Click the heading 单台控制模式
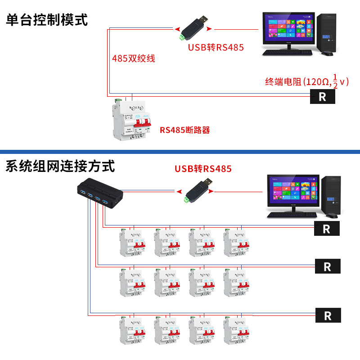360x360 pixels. click(47, 20)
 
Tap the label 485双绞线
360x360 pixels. click(134, 58)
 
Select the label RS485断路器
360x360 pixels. click(185, 130)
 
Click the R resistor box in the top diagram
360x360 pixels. click(322, 96)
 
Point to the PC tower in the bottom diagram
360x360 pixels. click(332, 194)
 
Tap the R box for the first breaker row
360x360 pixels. click(327, 229)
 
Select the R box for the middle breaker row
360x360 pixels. click(327, 266)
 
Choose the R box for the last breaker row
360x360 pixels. click(327, 315)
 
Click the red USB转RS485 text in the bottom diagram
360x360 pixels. click(203, 169)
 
